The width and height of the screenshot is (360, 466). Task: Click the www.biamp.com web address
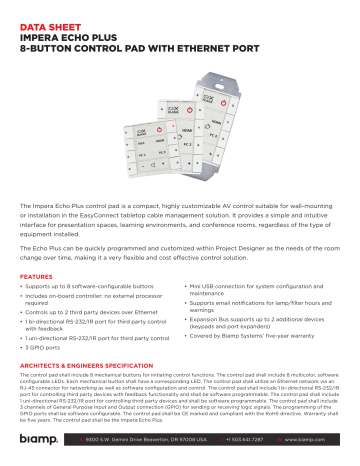319,439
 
